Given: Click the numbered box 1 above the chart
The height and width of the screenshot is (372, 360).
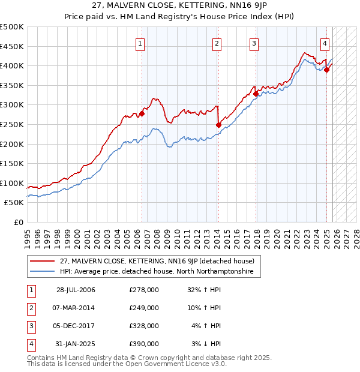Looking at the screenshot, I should click(x=140, y=43).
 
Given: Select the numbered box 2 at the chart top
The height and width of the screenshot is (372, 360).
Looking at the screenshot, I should click(x=216, y=43).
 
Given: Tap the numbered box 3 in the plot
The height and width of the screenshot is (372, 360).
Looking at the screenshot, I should click(x=254, y=43).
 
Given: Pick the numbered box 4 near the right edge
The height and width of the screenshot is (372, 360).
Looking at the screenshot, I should click(x=324, y=43).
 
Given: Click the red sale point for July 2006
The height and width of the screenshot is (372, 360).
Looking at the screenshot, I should click(x=142, y=113).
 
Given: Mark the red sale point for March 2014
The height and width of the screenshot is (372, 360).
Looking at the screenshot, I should click(x=218, y=125).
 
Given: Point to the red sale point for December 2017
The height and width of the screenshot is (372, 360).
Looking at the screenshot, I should click(x=256, y=94).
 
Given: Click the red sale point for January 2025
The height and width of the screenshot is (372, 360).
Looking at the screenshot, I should click(x=327, y=70).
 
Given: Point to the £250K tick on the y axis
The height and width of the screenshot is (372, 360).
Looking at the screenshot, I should click(x=12, y=124).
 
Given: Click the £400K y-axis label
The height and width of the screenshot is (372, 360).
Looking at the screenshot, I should click(x=12, y=65).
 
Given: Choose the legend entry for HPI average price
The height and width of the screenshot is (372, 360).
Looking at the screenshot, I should click(x=156, y=272).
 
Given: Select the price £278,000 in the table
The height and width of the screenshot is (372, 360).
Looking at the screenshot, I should click(x=143, y=290).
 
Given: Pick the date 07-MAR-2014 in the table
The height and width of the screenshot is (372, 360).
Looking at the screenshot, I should click(x=76, y=308).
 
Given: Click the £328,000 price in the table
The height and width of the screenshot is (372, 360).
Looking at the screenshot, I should click(x=143, y=326).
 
